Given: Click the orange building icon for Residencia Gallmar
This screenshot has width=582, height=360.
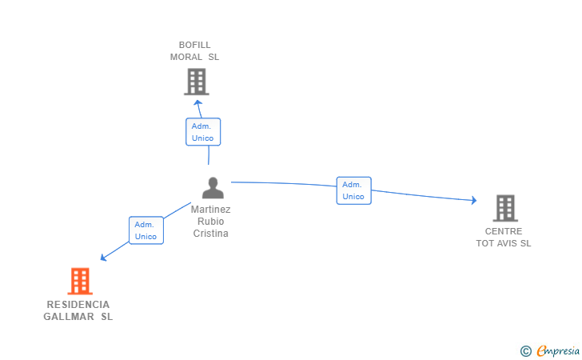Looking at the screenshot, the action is [80, 281].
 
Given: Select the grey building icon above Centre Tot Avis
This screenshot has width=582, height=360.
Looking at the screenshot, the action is [505, 208].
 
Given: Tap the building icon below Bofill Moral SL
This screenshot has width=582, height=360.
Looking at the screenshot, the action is [197, 82].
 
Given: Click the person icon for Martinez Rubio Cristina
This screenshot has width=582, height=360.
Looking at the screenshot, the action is [213, 188].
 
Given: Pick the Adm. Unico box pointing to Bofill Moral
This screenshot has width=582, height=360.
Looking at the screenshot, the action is [203, 132].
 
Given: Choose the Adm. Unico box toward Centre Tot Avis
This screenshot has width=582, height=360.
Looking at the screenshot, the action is [353, 190].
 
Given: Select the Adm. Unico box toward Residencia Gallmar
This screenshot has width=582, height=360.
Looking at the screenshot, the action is [146, 230].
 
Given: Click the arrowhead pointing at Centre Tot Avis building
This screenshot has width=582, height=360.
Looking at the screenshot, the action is [473, 200].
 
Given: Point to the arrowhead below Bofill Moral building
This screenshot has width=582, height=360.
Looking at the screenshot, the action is [197, 103].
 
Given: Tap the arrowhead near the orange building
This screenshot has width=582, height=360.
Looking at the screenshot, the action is [104, 257].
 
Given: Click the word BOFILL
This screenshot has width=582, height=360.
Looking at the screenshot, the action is [194, 45].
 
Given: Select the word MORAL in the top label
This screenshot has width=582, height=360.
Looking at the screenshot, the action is [186, 57].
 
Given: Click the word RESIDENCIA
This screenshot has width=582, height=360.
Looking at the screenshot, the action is [78, 305].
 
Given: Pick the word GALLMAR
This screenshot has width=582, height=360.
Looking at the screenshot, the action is [69, 317].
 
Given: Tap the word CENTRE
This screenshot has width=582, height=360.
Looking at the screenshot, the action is [504, 231].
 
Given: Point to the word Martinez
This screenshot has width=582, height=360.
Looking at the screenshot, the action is [210, 210].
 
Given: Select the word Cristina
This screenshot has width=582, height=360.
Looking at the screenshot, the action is [210, 234].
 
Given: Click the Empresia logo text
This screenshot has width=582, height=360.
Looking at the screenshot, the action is [558, 350].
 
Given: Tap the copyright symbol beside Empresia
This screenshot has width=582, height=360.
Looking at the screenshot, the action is [525, 351].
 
